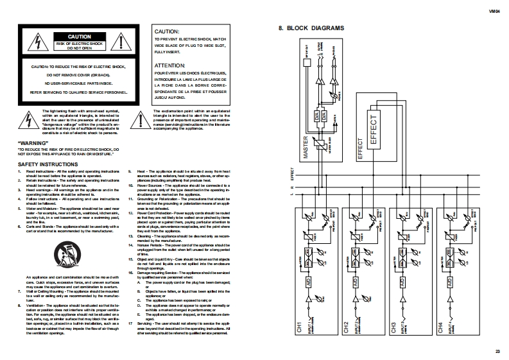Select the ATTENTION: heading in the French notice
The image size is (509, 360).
[169, 65]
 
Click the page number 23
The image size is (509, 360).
[497, 350]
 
